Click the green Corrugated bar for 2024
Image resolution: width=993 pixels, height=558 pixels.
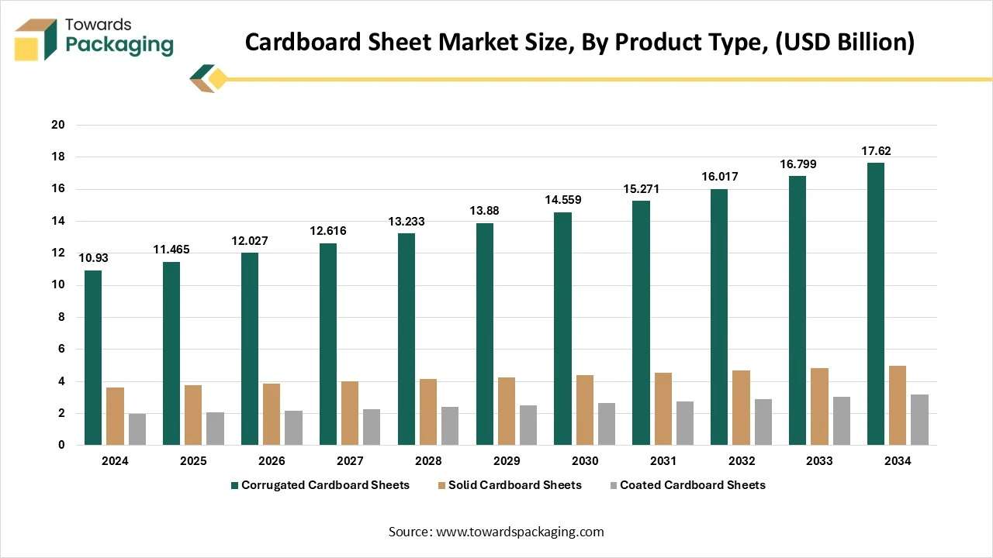[93, 357]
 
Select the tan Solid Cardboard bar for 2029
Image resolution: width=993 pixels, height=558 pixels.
[507, 411]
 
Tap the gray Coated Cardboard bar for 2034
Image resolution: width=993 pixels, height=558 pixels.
[919, 419]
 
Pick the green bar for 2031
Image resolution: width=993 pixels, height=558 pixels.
[641, 322]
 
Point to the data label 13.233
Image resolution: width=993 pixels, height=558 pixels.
[406, 222]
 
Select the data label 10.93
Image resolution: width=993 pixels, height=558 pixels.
[93, 258]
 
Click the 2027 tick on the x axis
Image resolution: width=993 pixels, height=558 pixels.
[350, 461]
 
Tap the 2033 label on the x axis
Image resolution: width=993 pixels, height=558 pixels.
[819, 461]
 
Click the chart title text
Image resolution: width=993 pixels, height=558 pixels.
[580, 43]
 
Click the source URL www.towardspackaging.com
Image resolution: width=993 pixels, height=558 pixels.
[520, 532]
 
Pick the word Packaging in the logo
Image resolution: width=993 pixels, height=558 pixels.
[119, 45]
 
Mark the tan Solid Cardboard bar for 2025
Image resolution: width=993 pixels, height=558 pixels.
[193, 415]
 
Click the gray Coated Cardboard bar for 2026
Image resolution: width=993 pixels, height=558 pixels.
[293, 428]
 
